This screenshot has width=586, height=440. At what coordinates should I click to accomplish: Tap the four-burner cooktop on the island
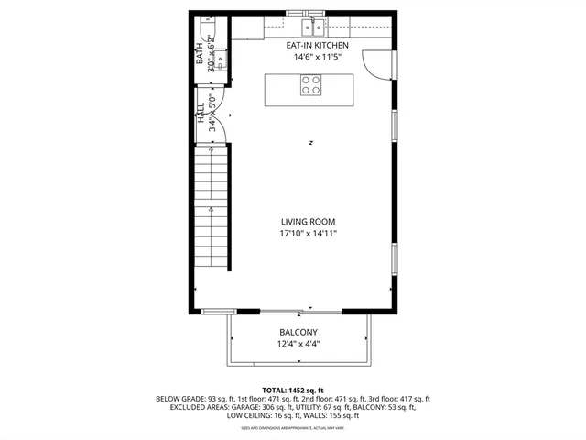311,85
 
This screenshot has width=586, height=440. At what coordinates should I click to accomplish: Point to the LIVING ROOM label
308,222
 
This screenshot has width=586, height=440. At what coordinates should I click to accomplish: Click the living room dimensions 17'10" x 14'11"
308,235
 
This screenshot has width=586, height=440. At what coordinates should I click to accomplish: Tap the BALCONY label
298,332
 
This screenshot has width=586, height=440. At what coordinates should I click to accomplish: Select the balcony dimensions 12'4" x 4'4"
298,345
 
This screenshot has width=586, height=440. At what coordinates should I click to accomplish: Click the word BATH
201,57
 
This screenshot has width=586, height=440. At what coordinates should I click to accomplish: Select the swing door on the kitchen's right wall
375,61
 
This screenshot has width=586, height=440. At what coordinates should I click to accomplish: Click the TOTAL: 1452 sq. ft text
293,390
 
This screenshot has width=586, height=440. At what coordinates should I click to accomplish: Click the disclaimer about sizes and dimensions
293,428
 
